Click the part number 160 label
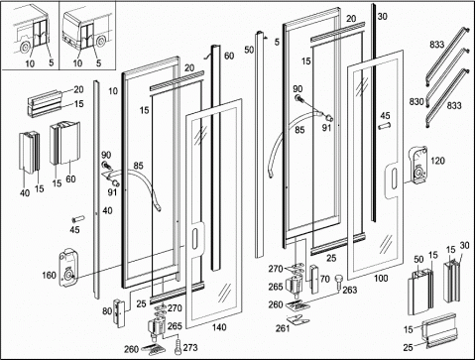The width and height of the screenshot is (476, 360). click(49, 275)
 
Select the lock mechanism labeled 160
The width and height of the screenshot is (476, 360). click(68, 268)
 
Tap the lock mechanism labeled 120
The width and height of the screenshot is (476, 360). click(418, 165)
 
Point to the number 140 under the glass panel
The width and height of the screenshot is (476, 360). click(219, 327)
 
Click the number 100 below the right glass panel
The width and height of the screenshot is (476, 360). click(381, 279)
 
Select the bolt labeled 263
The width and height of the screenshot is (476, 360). click(338, 283)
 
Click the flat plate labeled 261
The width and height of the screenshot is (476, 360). click(298, 320)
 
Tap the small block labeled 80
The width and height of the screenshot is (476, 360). click(118, 311)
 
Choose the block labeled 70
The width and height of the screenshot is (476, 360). click(315, 280)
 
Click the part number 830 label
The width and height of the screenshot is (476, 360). click(416, 101)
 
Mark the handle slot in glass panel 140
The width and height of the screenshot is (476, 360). click(195, 238)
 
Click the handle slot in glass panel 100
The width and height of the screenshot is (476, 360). click(393, 179)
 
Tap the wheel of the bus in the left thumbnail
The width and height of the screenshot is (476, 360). click(24, 48)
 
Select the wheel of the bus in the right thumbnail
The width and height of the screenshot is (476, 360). click(101, 42)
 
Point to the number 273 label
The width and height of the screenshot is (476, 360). click(190, 347)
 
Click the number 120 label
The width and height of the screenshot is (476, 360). click(438, 161)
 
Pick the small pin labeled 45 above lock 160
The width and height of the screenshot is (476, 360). click(78, 219)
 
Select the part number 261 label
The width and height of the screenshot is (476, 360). click(283, 328)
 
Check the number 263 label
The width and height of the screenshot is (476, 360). click(350, 290)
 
